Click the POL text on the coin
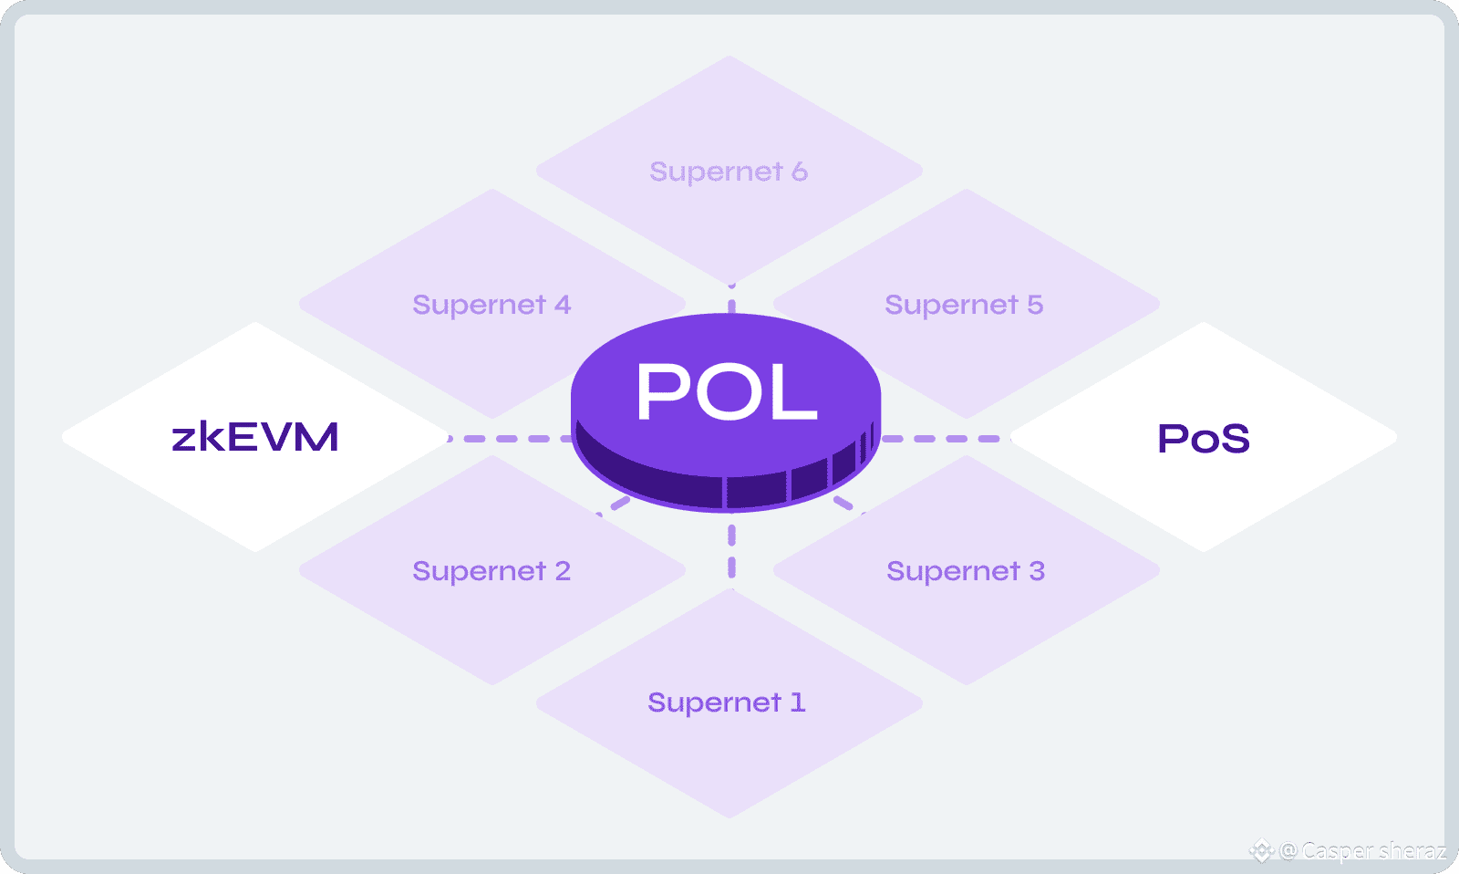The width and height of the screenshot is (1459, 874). pyautogui.click(x=727, y=391)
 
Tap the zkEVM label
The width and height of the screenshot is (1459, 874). pyautogui.click(x=255, y=438)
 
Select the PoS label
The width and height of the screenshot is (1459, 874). pyautogui.click(x=1203, y=439)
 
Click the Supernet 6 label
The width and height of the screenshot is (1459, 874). pyautogui.click(x=729, y=172)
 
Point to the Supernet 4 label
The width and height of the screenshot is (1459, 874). pyautogui.click(x=492, y=305)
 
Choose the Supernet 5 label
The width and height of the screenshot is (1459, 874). pyautogui.click(x=964, y=305)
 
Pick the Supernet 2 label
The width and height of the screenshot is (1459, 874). pyautogui.click(x=492, y=571)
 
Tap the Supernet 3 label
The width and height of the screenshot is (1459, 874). pyautogui.click(x=966, y=571)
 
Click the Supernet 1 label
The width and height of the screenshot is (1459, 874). pyautogui.click(x=727, y=702)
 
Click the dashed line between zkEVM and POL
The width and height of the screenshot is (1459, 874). pyautogui.click(x=511, y=439)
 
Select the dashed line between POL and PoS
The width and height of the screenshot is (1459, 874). pyautogui.click(x=944, y=439)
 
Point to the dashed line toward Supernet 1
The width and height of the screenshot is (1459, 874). pyautogui.click(x=731, y=550)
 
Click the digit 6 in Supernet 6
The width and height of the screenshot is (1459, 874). pyautogui.click(x=799, y=172)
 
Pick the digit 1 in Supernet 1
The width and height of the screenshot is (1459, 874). pyautogui.click(x=798, y=702)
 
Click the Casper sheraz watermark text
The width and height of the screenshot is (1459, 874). pyautogui.click(x=1373, y=851)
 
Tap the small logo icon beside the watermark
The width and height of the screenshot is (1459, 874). pyautogui.click(x=1261, y=851)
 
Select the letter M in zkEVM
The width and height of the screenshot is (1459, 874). pyautogui.click(x=316, y=438)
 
